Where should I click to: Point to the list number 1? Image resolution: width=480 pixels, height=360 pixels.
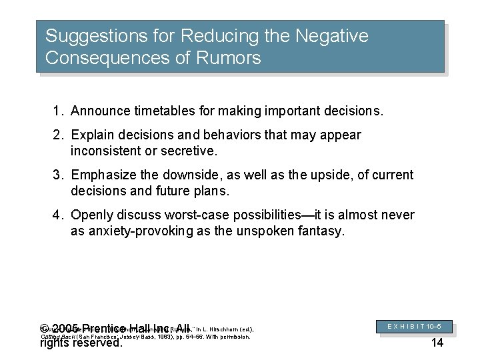(57, 110)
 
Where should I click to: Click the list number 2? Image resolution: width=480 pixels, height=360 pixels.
(57, 135)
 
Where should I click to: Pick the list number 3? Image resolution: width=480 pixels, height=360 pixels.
(57, 175)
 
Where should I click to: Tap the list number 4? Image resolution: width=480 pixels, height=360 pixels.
(57, 215)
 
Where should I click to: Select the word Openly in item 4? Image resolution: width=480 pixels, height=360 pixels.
(91, 215)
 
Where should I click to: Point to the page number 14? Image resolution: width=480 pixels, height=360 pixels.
(437, 343)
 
